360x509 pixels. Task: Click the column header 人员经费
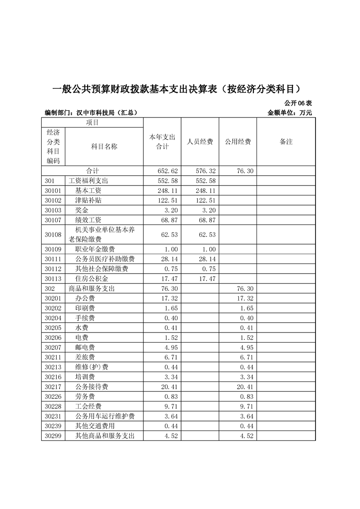point(200,142)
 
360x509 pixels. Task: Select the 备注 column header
point(286,142)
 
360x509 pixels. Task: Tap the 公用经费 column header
point(238,142)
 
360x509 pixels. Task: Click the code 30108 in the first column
point(53,235)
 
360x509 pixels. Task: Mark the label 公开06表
point(298,103)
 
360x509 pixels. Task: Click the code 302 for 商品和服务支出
point(50,289)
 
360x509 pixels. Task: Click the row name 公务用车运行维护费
point(105,416)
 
